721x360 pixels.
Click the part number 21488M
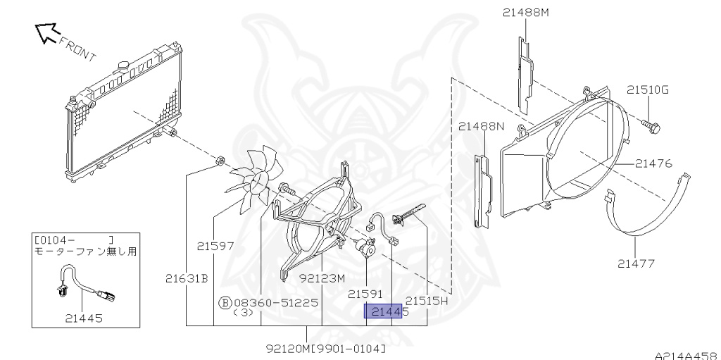click(525, 13)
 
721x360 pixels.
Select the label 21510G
click(648, 89)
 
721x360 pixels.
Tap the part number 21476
click(654, 163)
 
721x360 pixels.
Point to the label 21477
click(636, 263)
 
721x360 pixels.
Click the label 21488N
click(482, 126)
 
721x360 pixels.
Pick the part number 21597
click(215, 247)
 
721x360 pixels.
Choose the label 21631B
click(187, 278)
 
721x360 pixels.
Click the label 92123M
click(322, 278)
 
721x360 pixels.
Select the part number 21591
click(365, 294)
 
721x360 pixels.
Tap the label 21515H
click(426, 301)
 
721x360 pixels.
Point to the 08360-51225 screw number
click(276, 302)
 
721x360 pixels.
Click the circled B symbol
click(225, 302)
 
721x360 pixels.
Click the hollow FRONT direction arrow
click(47, 32)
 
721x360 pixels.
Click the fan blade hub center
click(258, 183)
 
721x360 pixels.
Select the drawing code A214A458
click(687, 355)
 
